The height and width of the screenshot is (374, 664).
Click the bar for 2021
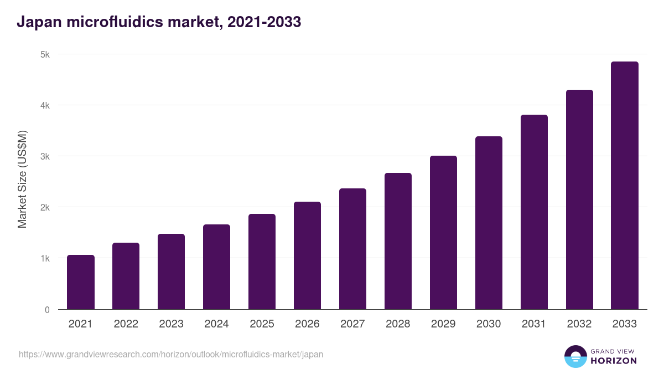pos(81,282)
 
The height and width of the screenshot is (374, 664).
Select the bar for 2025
pos(262,262)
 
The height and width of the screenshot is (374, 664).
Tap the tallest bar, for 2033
pos(625,186)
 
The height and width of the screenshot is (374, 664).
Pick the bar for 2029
pos(443,233)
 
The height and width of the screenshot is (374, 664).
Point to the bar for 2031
pos(534,212)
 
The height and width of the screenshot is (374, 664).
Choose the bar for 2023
pos(171,271)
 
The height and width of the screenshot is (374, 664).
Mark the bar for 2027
pos(352,249)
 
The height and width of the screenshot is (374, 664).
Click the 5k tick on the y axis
pos(45,54)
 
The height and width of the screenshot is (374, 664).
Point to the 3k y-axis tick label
pos(45,156)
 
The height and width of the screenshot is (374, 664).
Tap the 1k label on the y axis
pos(45,258)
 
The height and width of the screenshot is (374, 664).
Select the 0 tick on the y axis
pos(47,310)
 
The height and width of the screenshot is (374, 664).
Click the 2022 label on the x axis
pos(126,324)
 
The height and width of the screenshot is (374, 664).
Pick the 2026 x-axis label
pos(307,324)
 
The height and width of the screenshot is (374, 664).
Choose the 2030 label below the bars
pos(489,324)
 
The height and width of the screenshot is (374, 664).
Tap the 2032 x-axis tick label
pos(579,324)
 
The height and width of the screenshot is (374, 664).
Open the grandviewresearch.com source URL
pos(171,354)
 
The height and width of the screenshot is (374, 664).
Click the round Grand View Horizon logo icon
pos(575,356)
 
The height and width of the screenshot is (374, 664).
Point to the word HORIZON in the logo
pos(614,361)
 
